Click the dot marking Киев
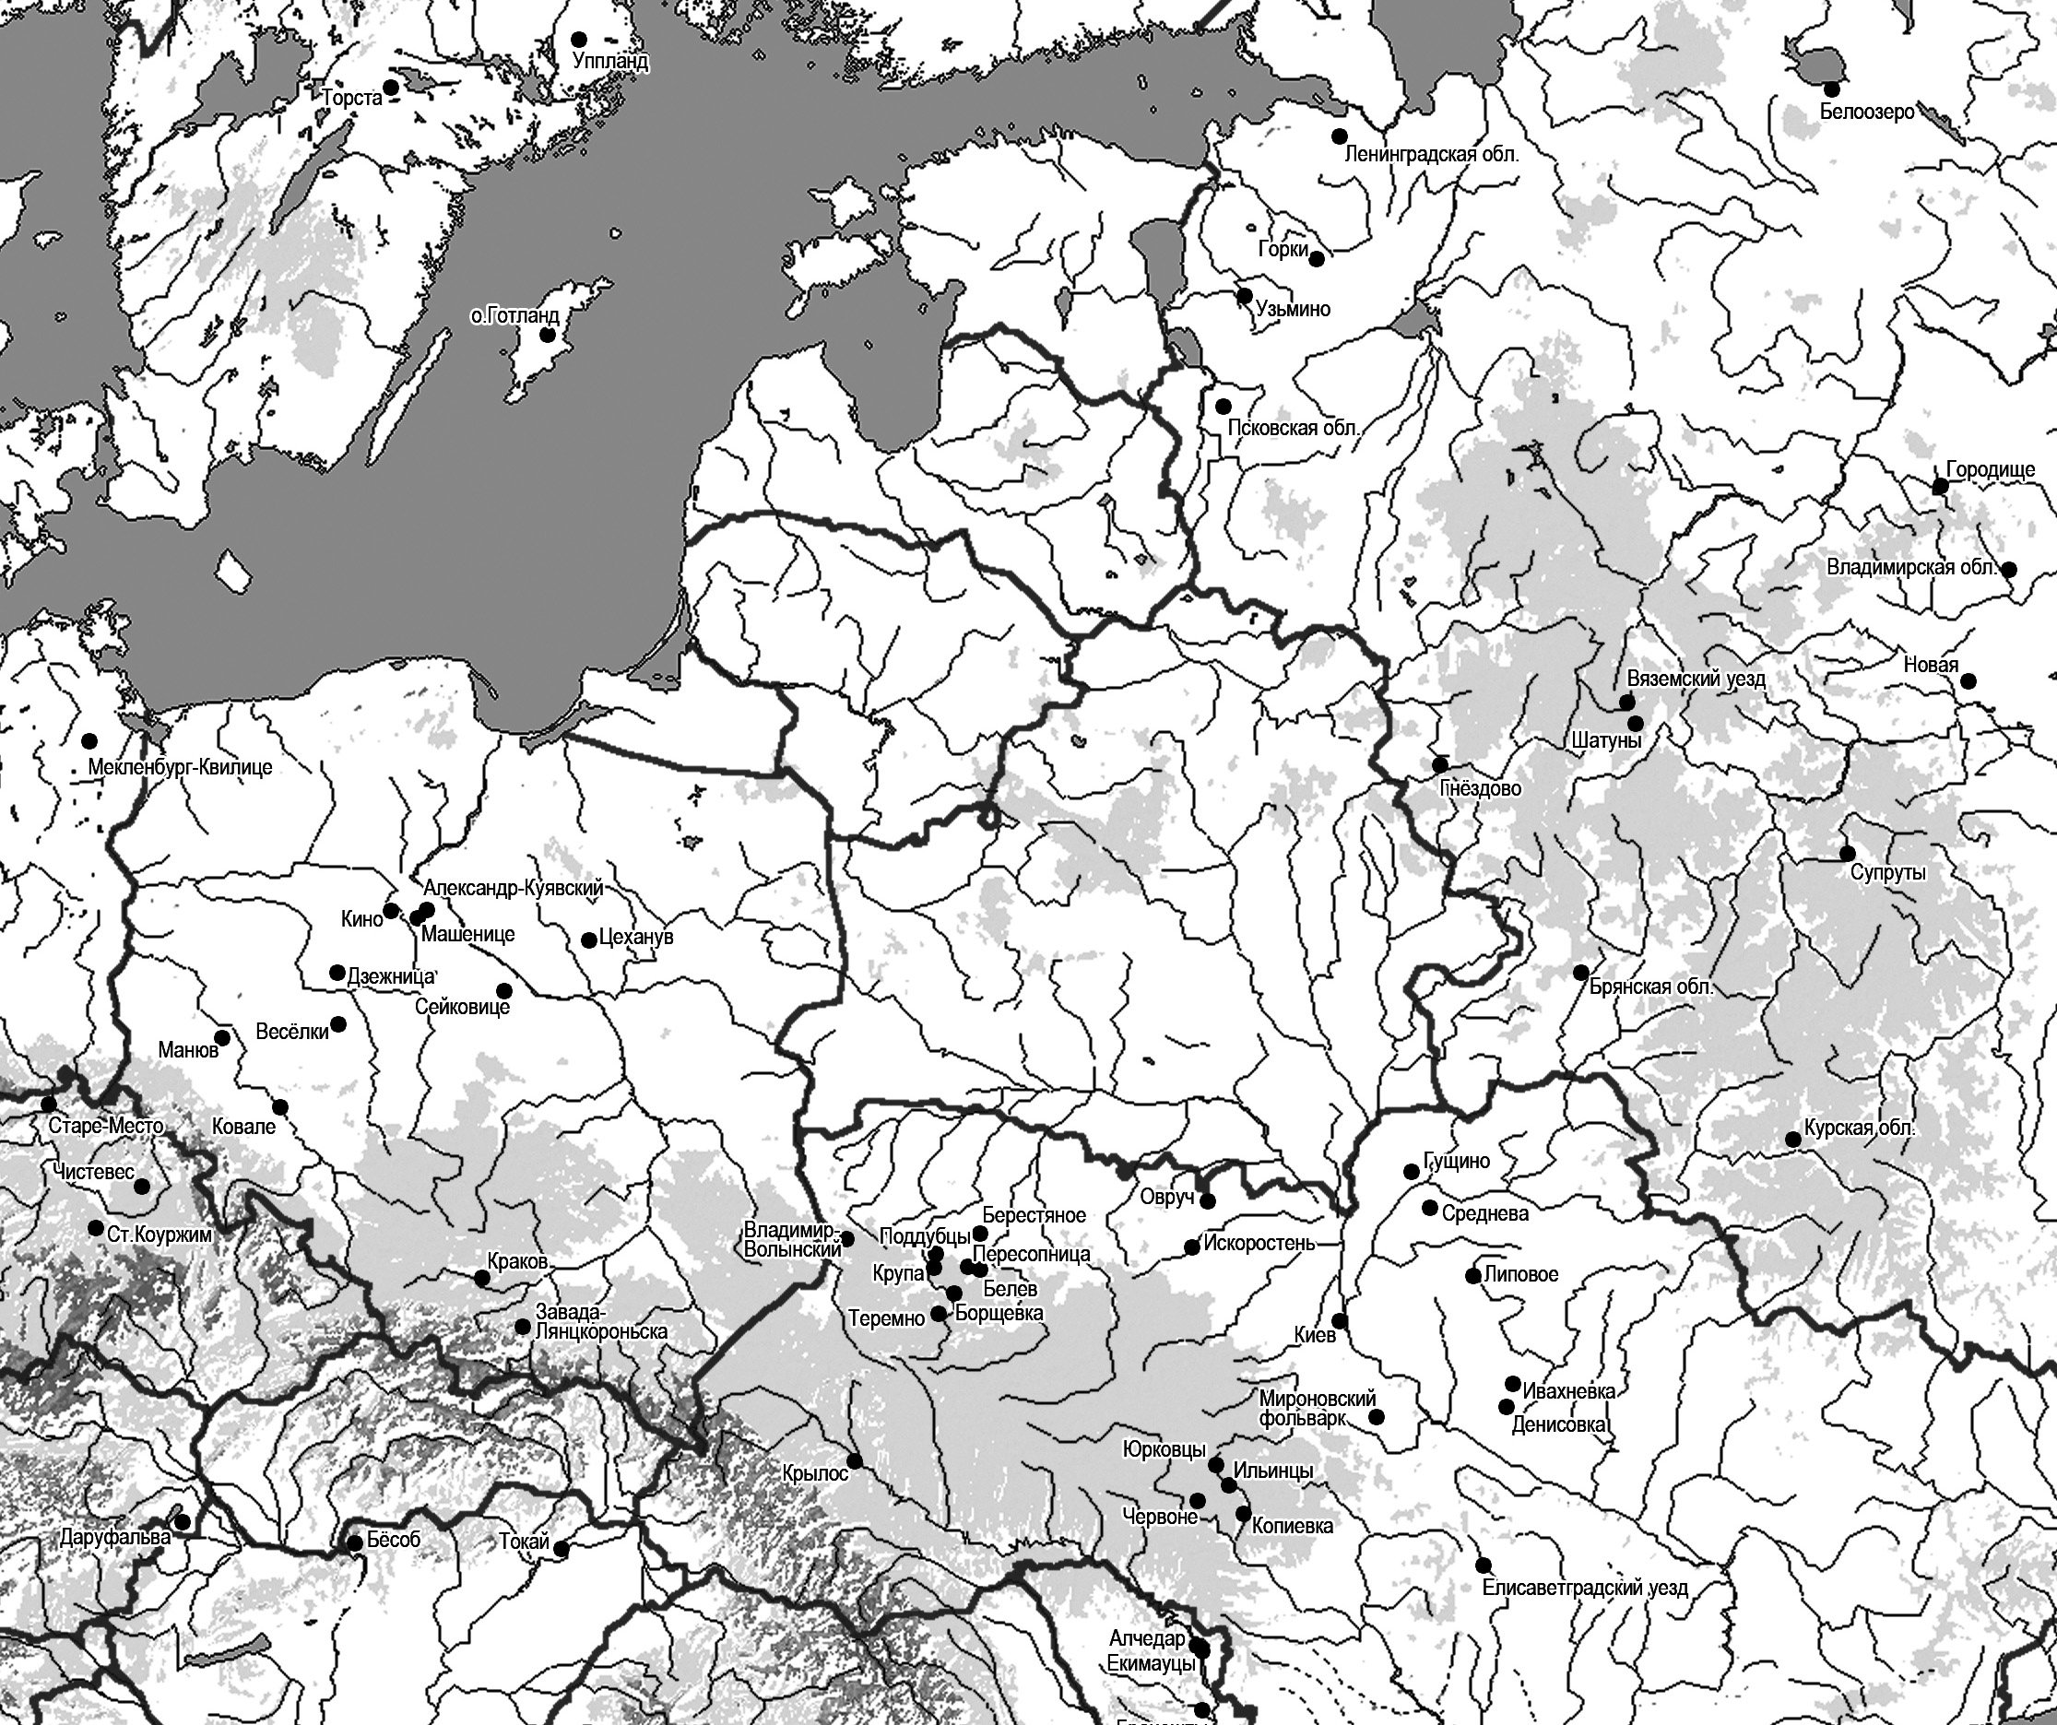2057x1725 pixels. click(x=1339, y=1320)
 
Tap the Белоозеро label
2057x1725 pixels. click(x=1866, y=112)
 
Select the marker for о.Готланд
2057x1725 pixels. click(x=549, y=335)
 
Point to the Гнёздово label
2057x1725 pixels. click(x=1480, y=787)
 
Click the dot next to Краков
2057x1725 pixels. click(x=482, y=1279)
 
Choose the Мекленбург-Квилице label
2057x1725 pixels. click(x=179, y=767)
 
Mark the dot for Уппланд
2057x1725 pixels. click(x=579, y=39)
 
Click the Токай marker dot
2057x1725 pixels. click(x=562, y=1550)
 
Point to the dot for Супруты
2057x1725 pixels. click(x=1848, y=852)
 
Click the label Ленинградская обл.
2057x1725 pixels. click(x=1431, y=155)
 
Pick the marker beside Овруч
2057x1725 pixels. click(x=1208, y=1201)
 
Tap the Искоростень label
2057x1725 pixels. click(x=1259, y=1244)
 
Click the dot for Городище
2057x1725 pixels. click(x=1940, y=487)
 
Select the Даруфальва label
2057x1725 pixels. click(x=114, y=1537)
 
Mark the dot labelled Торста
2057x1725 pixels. click(x=391, y=88)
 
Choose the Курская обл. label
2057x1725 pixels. click(x=1859, y=1128)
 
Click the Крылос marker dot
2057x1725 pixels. click(x=854, y=1461)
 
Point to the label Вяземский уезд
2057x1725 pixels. click(x=1696, y=679)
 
